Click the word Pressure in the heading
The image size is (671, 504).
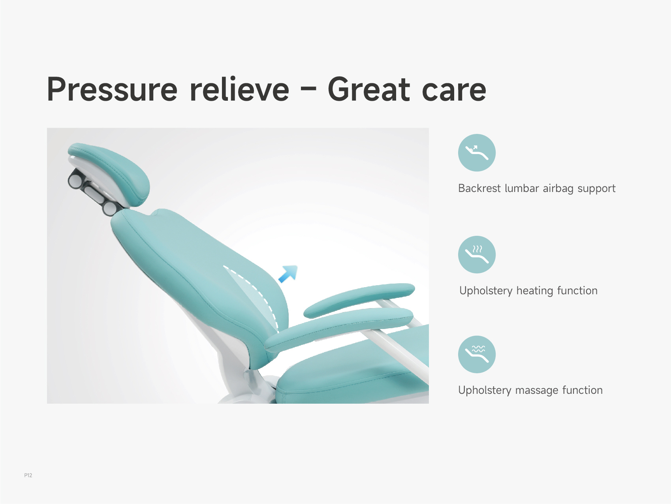click(113, 90)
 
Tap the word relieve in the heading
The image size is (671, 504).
click(239, 89)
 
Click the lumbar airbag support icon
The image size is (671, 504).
click(477, 153)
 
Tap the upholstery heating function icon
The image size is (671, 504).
click(477, 255)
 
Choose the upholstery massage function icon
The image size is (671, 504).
click(477, 354)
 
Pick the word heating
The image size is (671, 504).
click(535, 291)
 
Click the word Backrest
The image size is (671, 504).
click(479, 188)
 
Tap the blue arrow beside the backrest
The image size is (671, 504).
click(288, 274)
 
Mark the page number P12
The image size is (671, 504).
click(28, 475)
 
